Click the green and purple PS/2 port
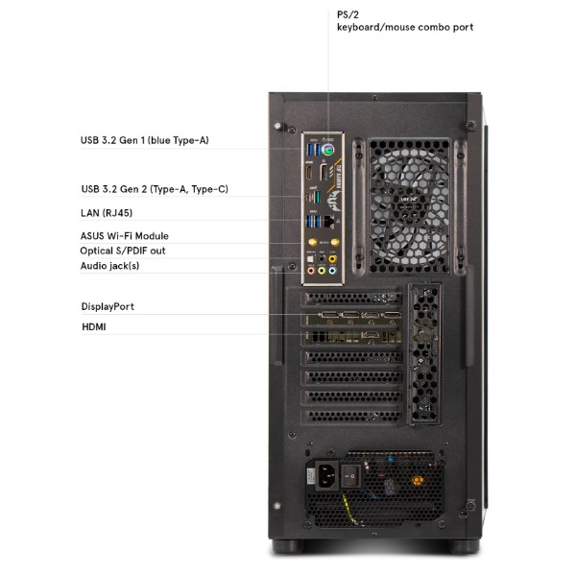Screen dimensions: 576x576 point(327,150)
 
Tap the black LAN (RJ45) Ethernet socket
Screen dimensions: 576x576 point(329,221)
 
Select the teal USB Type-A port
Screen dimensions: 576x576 point(317,197)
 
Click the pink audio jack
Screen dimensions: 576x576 point(311,271)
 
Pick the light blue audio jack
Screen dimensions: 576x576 point(332,271)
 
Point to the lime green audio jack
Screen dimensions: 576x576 point(322,271)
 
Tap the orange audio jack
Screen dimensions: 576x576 point(332,259)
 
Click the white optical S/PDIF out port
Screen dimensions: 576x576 point(311,259)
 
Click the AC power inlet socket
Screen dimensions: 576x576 point(326,476)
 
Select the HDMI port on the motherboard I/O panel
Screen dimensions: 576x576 point(309,173)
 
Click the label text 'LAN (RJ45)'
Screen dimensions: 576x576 point(107,213)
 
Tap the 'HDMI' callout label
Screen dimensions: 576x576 point(94,326)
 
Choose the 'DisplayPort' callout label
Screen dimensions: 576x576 point(108,307)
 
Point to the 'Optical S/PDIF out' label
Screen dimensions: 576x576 point(123,251)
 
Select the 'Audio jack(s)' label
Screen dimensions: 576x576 point(109,266)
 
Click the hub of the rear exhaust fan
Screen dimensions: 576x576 point(409,205)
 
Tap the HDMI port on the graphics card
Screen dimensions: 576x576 point(371,335)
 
